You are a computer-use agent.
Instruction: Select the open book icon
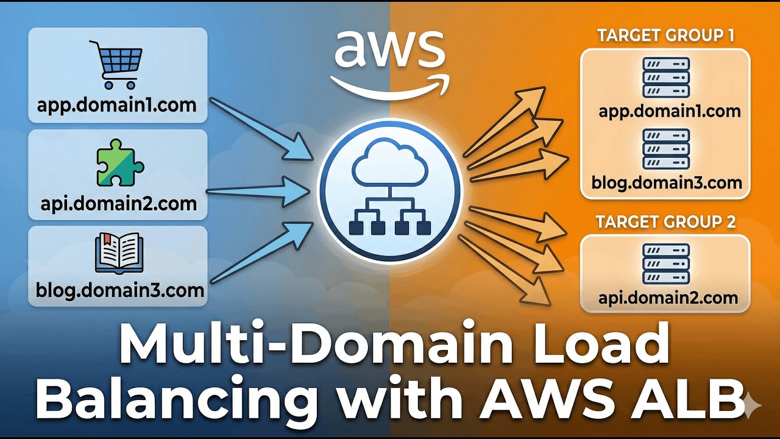pyautogui.click(x=119, y=254)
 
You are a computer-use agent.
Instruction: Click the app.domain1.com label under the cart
pyautogui.click(x=116, y=104)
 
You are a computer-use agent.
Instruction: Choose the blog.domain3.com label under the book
pyautogui.click(x=119, y=290)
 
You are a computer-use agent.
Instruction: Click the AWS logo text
pyautogui.click(x=389, y=49)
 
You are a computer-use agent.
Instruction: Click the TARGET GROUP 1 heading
pyautogui.click(x=665, y=35)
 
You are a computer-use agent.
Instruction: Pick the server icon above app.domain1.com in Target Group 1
pyautogui.click(x=666, y=77)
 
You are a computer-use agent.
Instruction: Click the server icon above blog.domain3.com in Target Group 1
pyautogui.click(x=666, y=149)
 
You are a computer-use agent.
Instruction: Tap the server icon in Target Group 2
pyautogui.click(x=666, y=263)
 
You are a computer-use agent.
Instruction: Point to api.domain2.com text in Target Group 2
pyautogui.click(x=667, y=298)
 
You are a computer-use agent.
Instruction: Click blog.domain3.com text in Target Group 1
pyautogui.click(x=667, y=182)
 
